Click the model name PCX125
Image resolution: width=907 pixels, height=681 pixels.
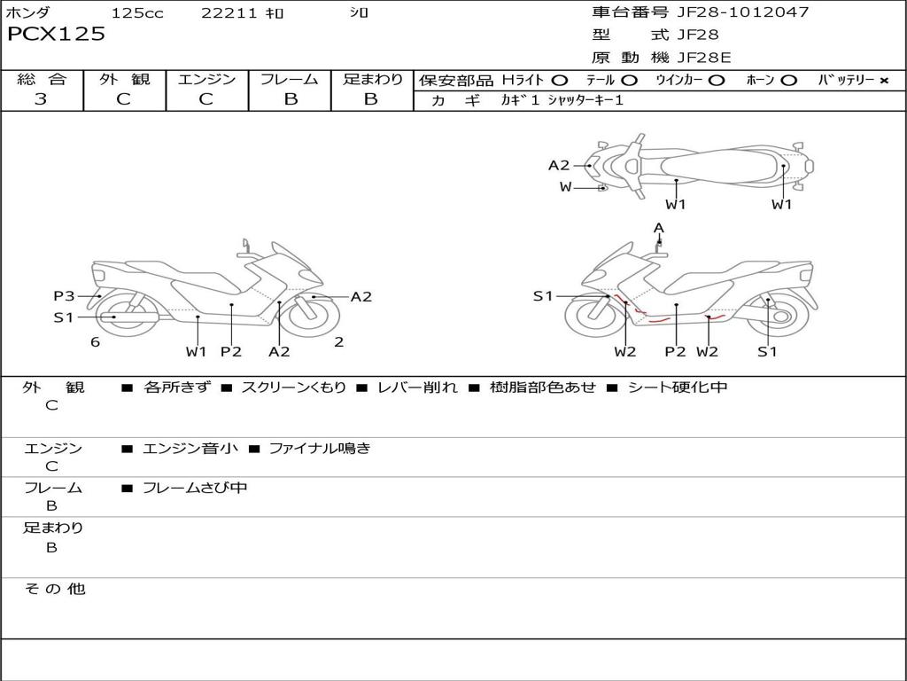56,35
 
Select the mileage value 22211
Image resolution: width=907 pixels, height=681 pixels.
229,13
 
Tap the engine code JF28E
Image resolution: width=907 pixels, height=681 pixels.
704,58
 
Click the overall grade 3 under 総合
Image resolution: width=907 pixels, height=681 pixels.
41,99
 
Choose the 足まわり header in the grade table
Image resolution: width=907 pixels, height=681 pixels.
372,80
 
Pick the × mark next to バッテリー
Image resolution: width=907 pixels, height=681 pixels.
883,81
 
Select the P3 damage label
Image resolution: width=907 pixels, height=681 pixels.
64,296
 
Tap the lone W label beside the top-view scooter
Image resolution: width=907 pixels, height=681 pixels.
565,187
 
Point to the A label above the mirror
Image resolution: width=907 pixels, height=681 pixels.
658,228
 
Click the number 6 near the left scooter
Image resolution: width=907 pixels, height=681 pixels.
95,342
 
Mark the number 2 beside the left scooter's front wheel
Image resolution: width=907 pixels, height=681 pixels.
338,342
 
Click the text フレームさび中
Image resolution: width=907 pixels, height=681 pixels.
195,488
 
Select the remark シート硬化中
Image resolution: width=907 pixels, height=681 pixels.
678,387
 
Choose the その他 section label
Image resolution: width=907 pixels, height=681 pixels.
54,589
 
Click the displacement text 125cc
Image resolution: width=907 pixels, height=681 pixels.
137,13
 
